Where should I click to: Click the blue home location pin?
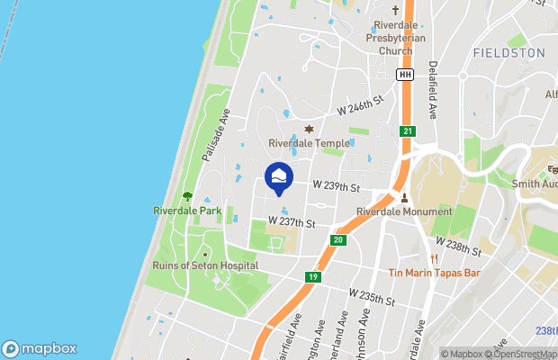coord(279,176)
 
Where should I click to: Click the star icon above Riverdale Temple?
coord(310,129)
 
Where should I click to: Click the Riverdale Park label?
coord(186,211)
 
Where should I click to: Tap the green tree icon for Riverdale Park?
coord(187,195)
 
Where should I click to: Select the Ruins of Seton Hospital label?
coord(206,265)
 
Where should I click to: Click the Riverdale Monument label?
coord(404,211)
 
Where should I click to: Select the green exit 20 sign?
coord(337,239)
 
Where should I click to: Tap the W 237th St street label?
coord(292,222)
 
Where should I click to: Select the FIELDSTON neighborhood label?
coord(508,53)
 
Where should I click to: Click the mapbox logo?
coord(40,349)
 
